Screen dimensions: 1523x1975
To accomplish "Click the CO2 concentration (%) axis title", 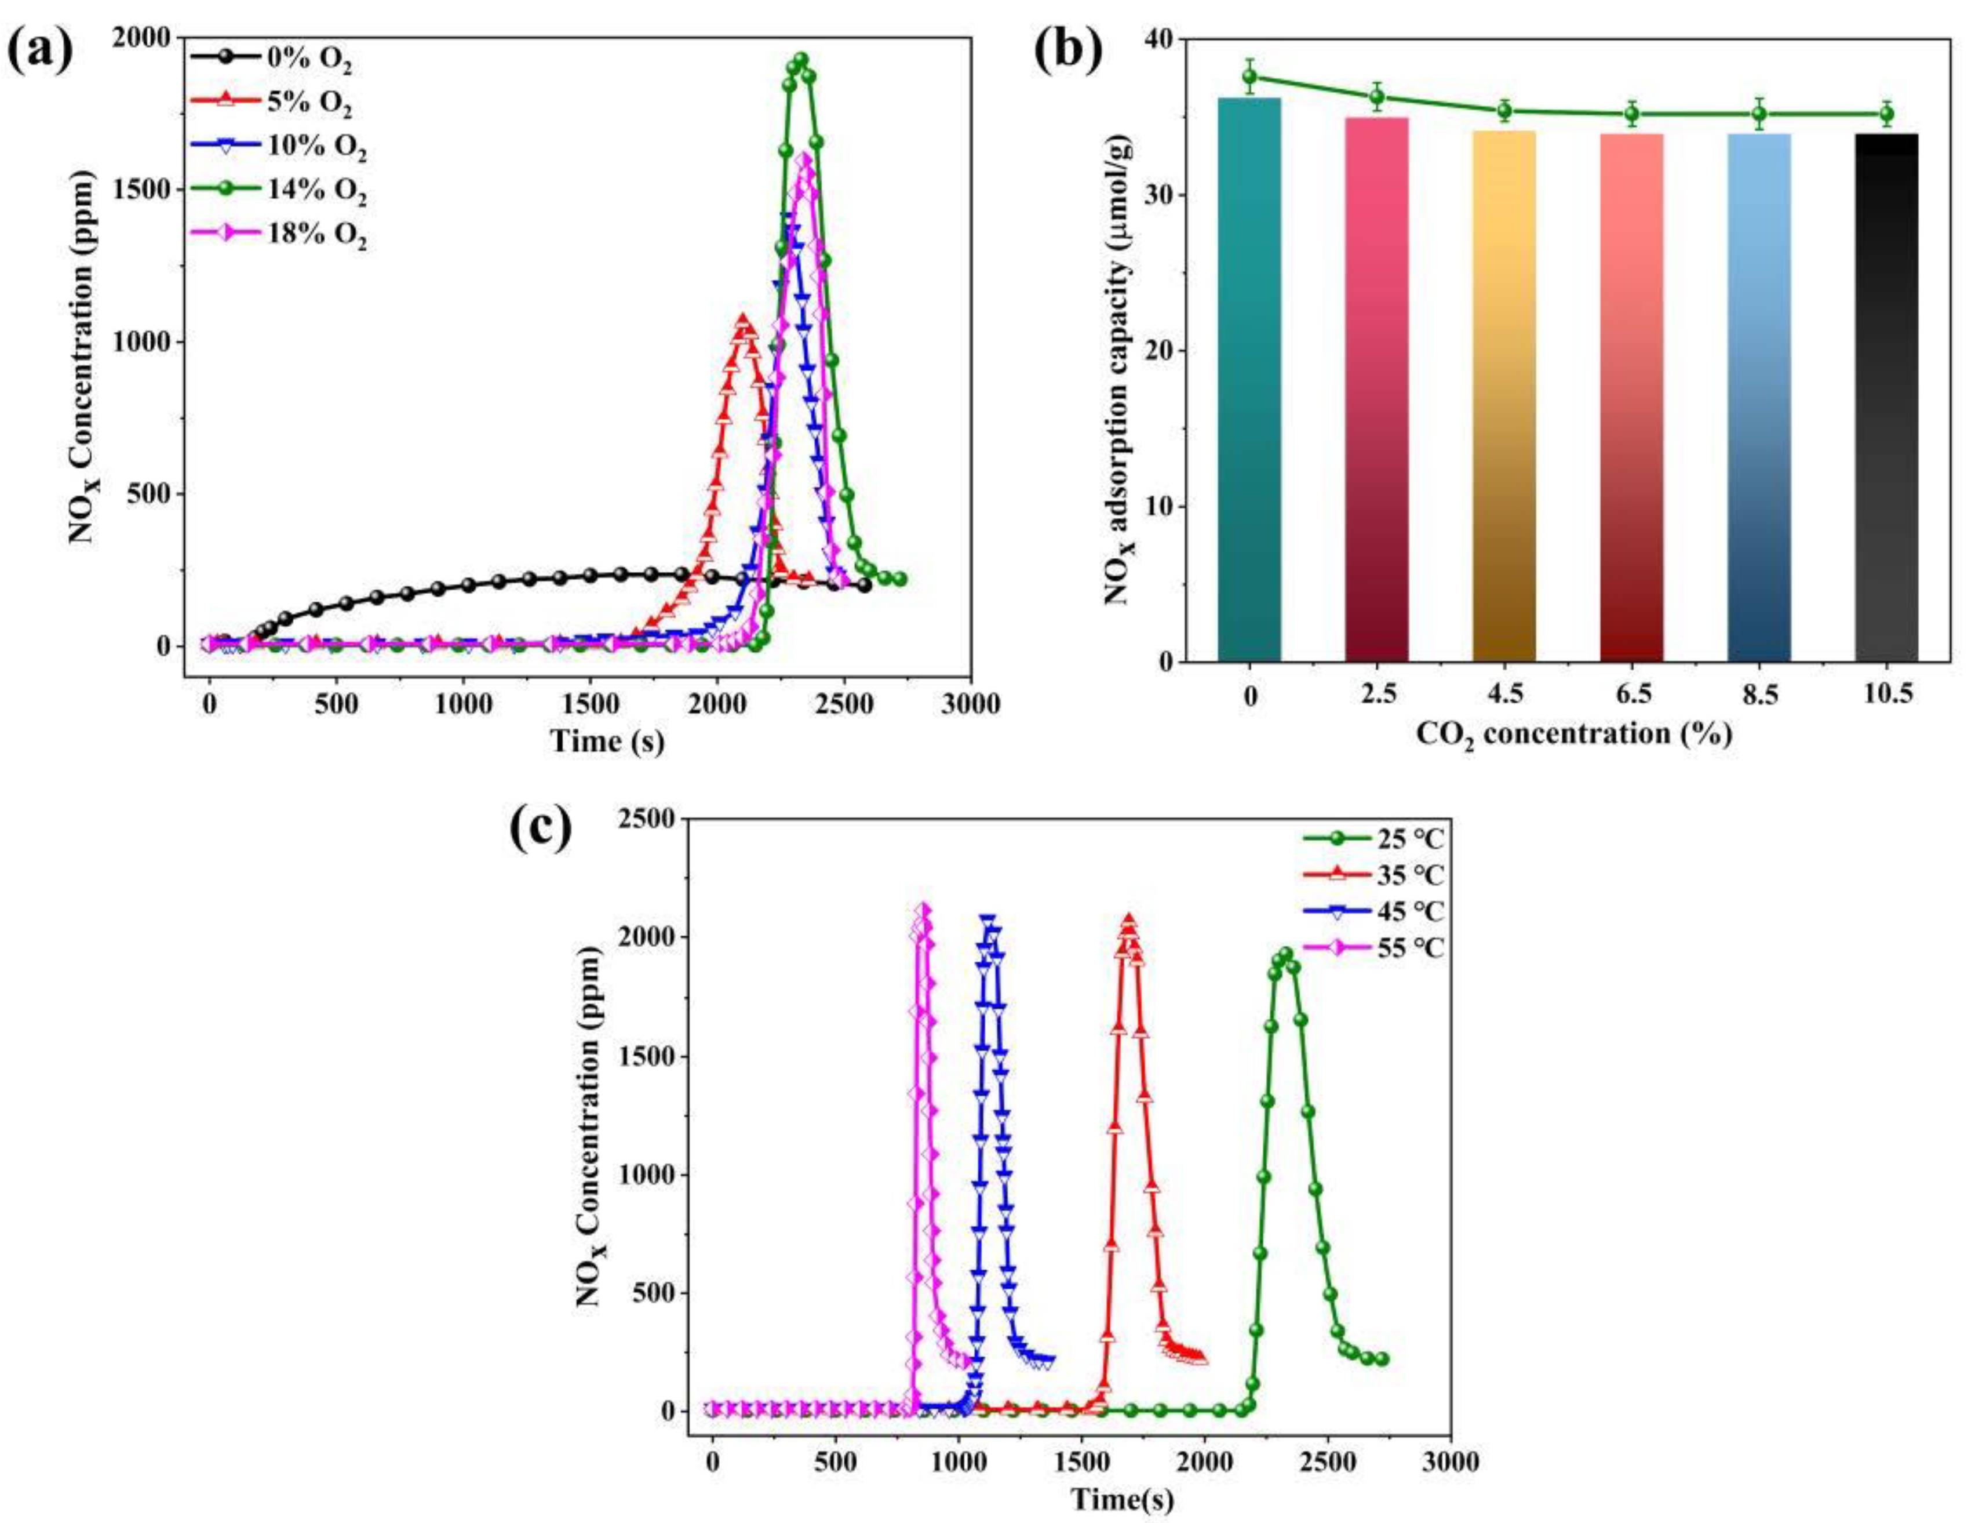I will point(1573,735).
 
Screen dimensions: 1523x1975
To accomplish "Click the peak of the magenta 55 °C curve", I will point(923,909).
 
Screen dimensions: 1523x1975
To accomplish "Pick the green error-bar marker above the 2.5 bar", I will point(1376,97).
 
